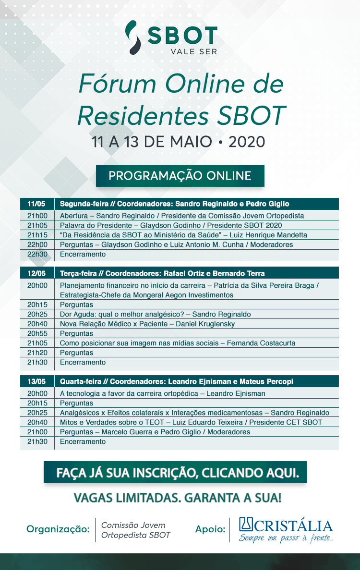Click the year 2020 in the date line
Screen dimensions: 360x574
(247, 142)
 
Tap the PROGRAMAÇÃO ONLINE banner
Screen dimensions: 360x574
(180, 176)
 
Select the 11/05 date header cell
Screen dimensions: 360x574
(36, 204)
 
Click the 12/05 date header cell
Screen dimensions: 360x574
(36, 273)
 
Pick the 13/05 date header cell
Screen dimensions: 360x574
(36, 381)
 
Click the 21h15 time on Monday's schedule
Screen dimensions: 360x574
(37, 235)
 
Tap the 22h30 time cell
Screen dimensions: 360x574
(37, 254)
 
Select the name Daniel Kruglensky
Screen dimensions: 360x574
(205, 324)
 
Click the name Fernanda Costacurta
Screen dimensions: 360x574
(261, 343)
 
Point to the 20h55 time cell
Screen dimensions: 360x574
(37, 333)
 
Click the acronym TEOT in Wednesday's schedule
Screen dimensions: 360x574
(155, 422)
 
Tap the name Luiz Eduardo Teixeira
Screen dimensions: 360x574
(207, 422)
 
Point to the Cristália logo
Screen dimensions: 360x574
(286, 529)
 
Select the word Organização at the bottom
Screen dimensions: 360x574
(58, 529)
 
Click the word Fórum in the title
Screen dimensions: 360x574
(118, 84)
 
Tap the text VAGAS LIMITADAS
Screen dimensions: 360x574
(126, 498)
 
